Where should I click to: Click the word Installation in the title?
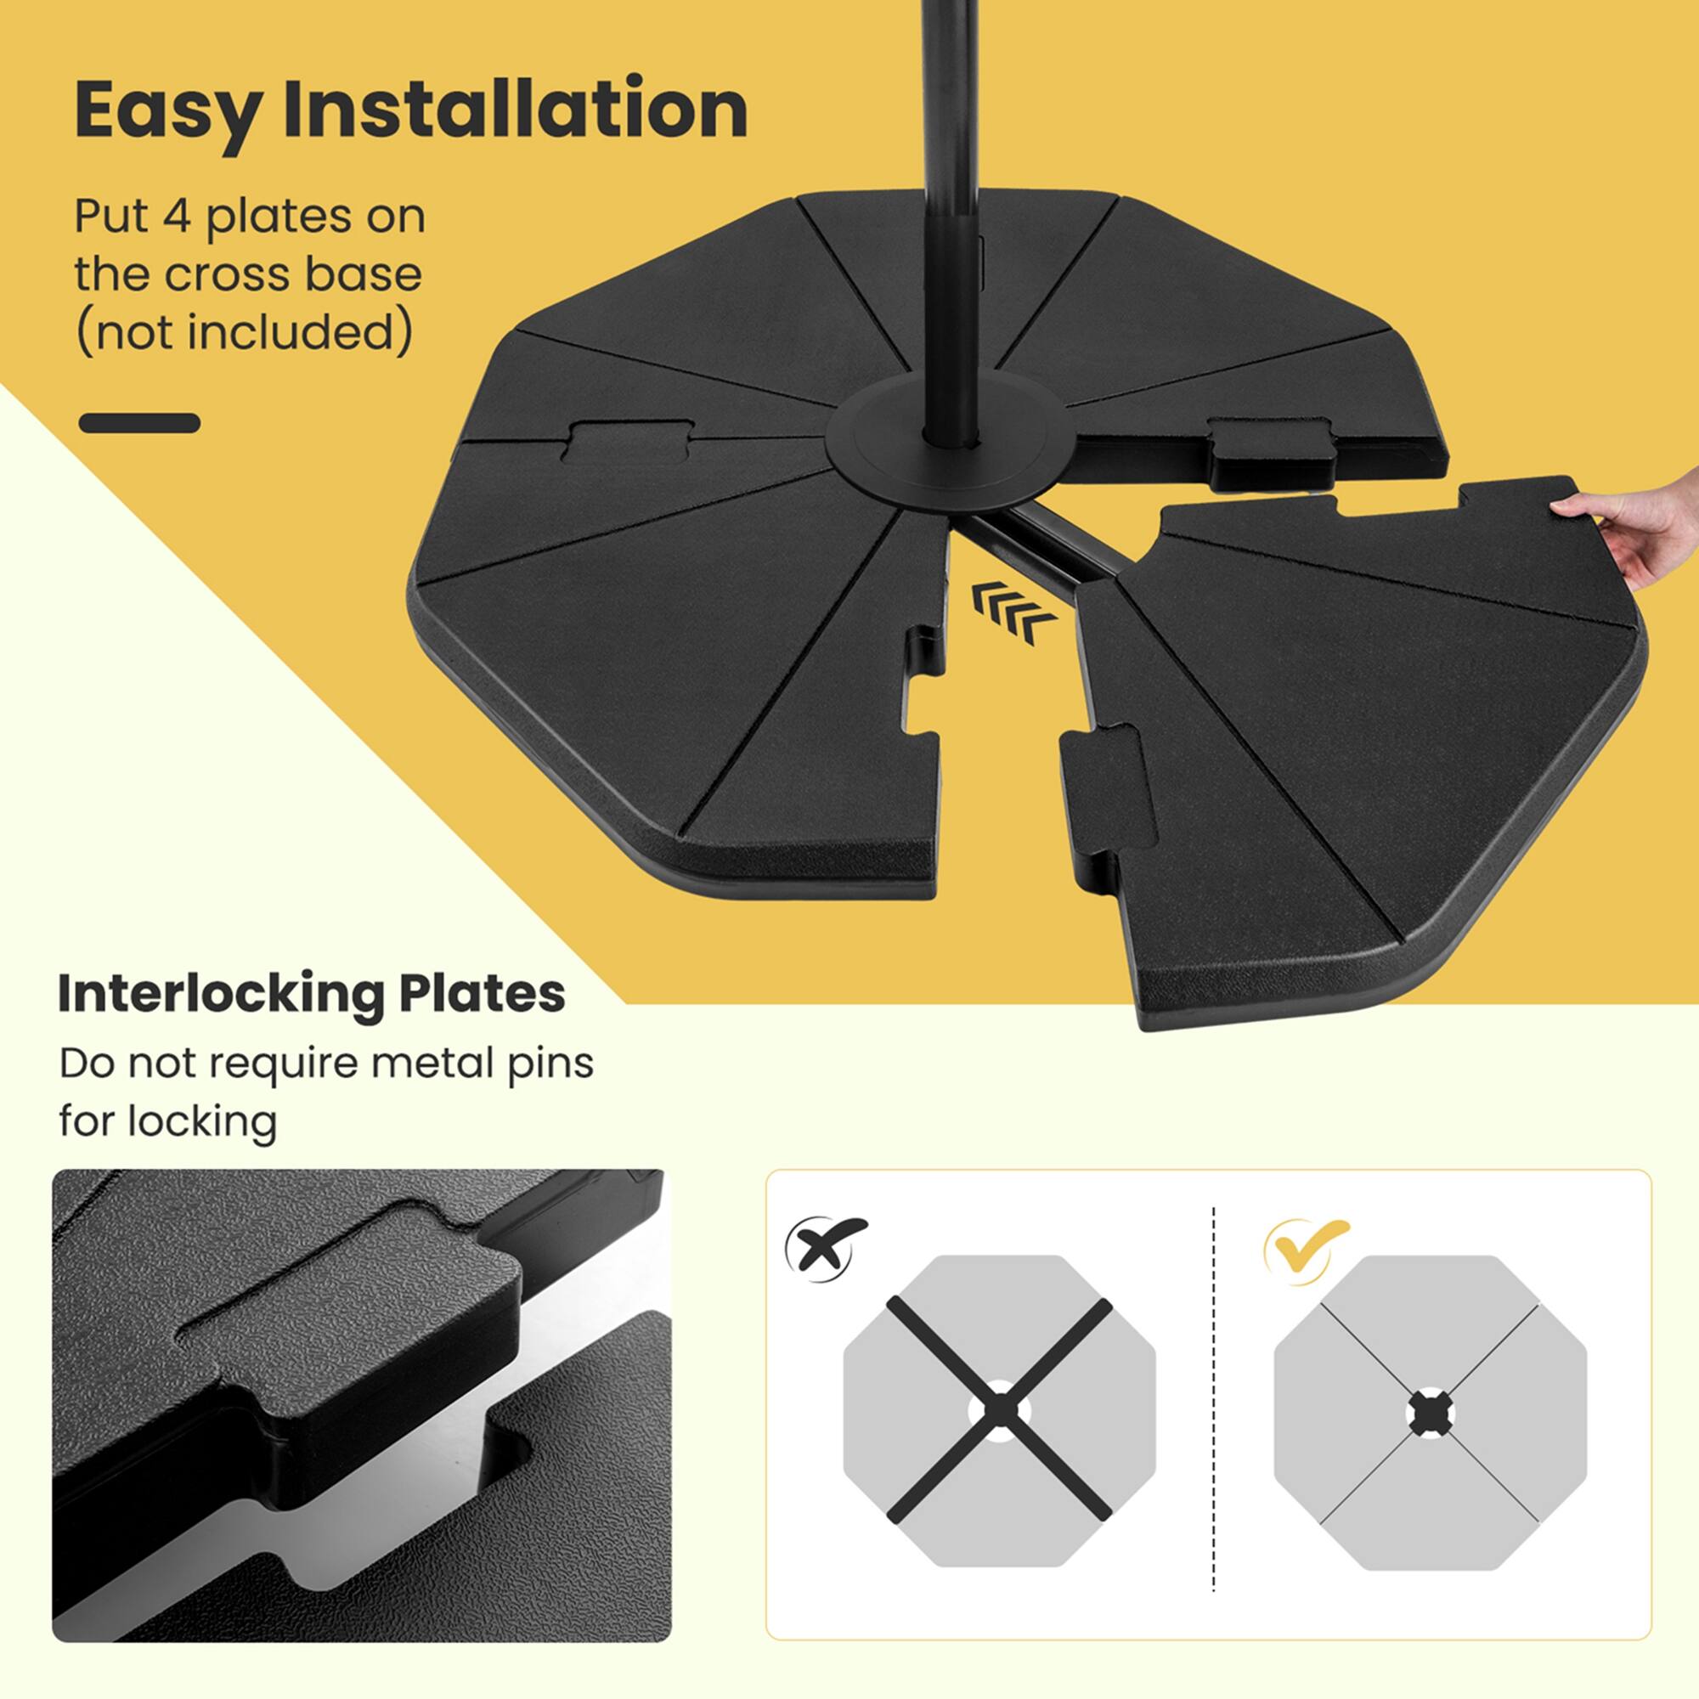[515, 109]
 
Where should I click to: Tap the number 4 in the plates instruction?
[177, 217]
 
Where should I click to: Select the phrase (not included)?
[244, 332]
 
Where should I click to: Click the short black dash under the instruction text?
[139, 423]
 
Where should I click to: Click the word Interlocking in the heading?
[220, 994]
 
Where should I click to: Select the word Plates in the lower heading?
[482, 994]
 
